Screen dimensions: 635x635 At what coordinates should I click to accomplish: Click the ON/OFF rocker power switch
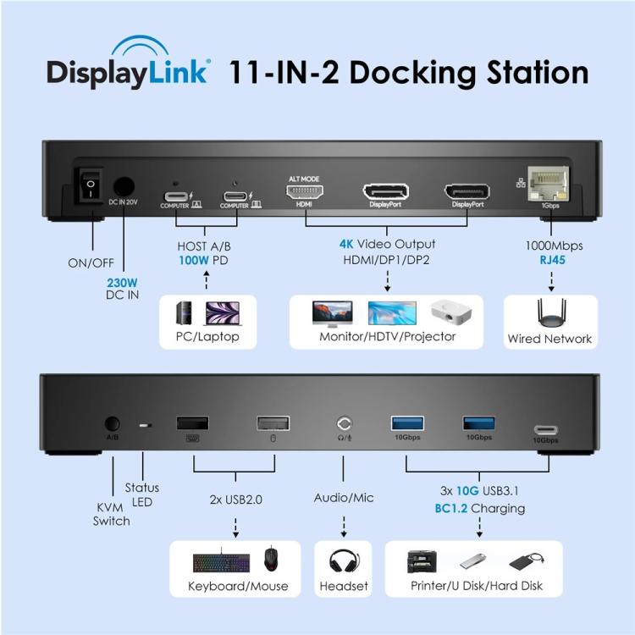click(x=88, y=186)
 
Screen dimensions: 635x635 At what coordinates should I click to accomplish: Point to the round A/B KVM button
click(x=112, y=422)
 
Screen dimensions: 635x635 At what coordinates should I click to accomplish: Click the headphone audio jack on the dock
click(x=343, y=422)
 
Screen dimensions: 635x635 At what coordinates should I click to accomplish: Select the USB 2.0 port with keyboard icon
click(x=192, y=422)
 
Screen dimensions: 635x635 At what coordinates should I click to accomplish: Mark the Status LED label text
click(x=141, y=494)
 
